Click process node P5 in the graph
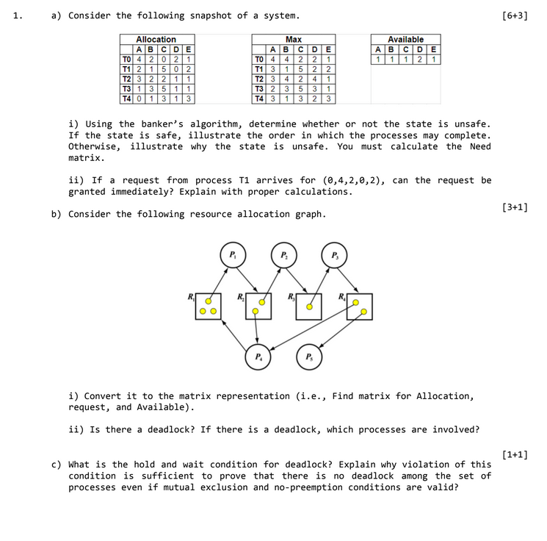pyautogui.click(x=308, y=357)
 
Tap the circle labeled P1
pyautogui.click(x=232, y=255)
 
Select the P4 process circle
pyautogui.click(x=258, y=357)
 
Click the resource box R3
pyautogui.click(x=308, y=307)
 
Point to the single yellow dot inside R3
pyautogui.click(x=309, y=307)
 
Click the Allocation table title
pyautogui.click(x=156, y=40)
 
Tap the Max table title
pyautogui.click(x=293, y=40)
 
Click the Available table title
pyautogui.click(x=405, y=40)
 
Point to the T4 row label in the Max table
pyautogui.click(x=258, y=98)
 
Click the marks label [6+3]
pyautogui.click(x=515, y=15)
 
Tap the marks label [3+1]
pyautogui.click(x=515, y=207)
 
